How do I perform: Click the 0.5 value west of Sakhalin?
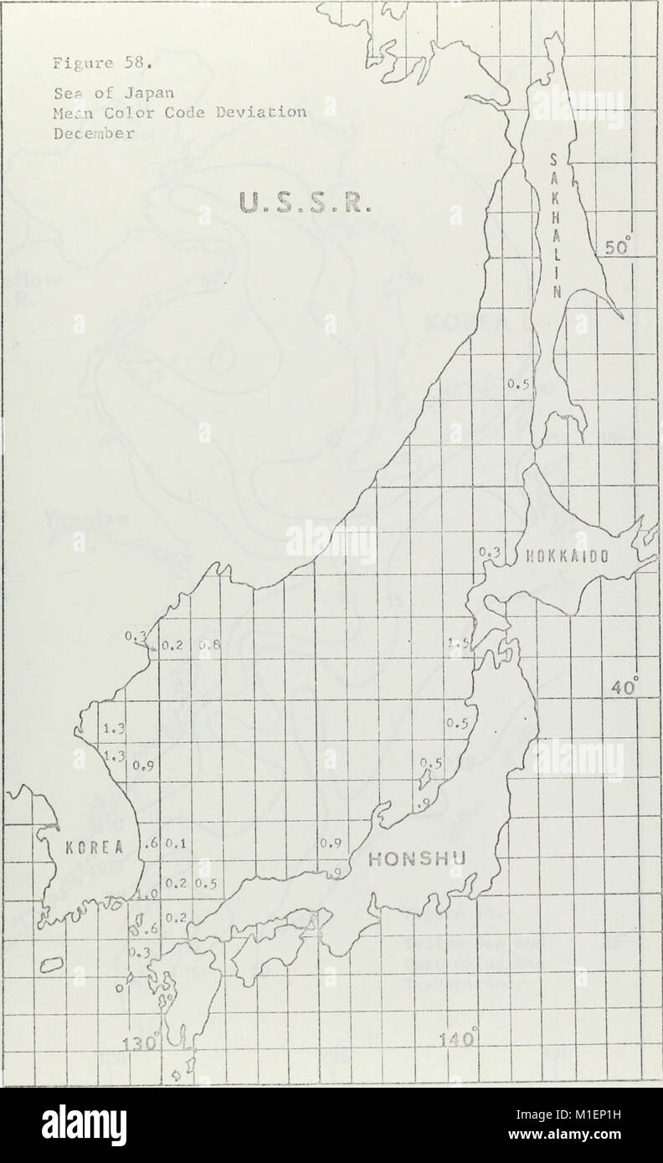tap(518, 385)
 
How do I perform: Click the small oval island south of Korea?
tap(52, 965)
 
